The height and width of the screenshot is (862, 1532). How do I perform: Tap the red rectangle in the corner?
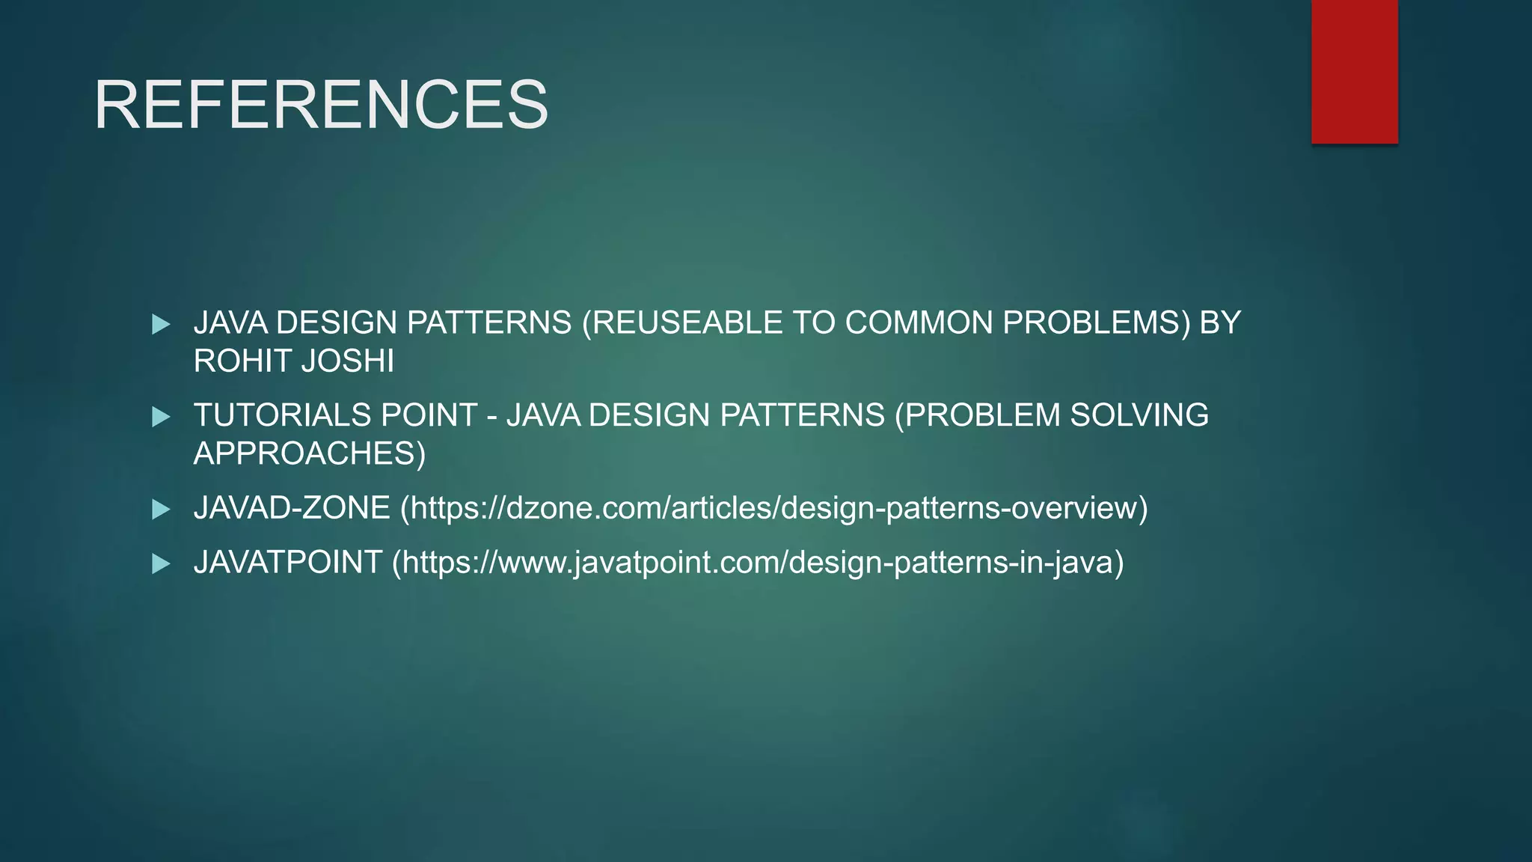point(1354,72)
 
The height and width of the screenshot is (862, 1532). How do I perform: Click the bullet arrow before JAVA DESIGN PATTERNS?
point(161,324)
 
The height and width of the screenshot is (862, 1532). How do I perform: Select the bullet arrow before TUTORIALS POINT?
point(161,417)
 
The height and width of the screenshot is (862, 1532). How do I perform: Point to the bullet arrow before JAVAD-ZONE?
point(161,510)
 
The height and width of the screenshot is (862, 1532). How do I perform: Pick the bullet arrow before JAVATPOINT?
point(161,563)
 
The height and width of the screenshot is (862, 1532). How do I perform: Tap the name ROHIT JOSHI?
point(293,361)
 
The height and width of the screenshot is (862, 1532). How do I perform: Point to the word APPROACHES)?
point(309,454)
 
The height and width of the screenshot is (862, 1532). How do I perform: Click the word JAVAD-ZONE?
point(292,508)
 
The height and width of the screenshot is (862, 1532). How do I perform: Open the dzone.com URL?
point(774,508)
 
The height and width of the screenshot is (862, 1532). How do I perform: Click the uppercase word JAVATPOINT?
point(288,563)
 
